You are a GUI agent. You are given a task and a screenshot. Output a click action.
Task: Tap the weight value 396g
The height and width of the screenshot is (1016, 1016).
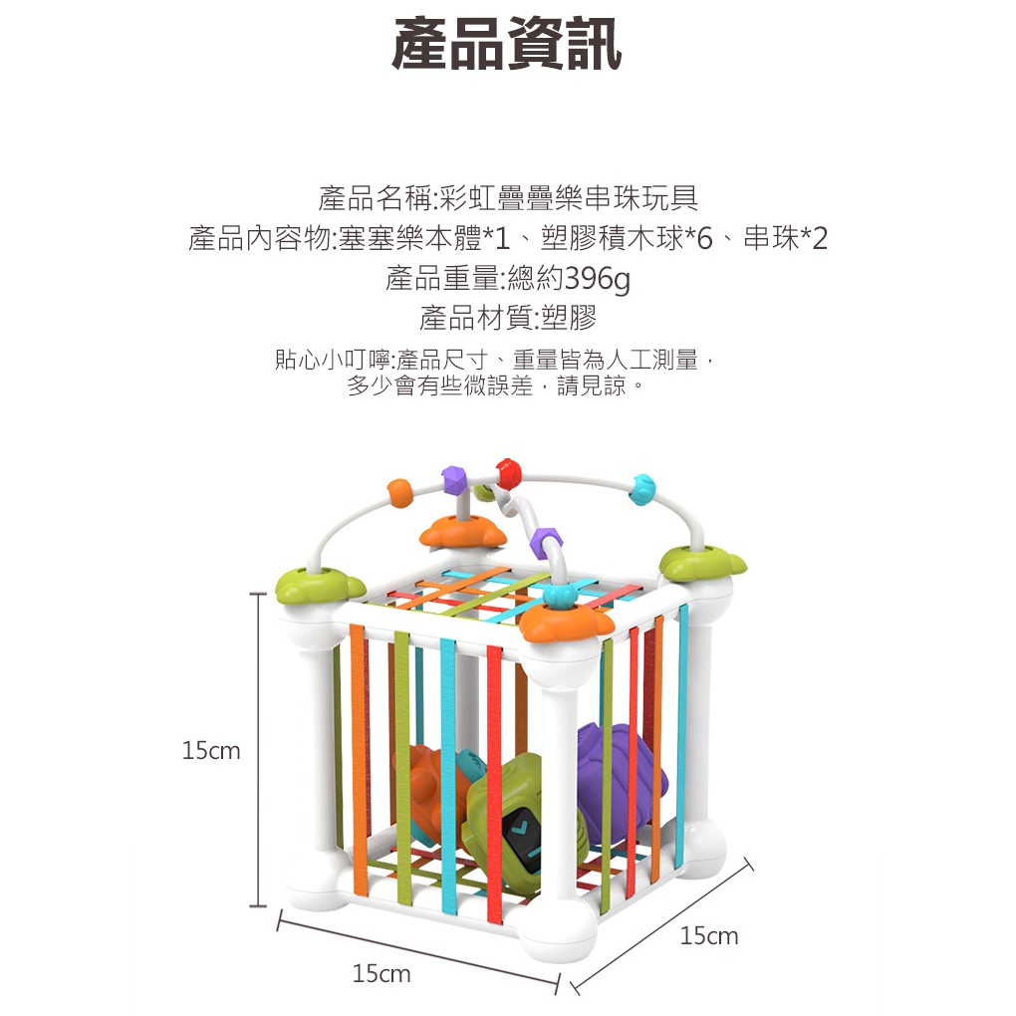tap(598, 280)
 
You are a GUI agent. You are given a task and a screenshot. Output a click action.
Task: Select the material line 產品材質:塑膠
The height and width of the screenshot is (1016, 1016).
tap(507, 319)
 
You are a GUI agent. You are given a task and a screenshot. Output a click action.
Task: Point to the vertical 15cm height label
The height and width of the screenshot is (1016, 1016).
tap(211, 751)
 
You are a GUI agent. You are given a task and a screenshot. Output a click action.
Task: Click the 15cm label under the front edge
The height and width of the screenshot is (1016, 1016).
tap(381, 973)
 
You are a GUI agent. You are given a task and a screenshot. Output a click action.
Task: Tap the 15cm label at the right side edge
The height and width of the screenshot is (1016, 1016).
tap(709, 935)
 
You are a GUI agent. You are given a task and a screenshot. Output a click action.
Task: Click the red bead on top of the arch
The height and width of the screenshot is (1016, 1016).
tap(509, 471)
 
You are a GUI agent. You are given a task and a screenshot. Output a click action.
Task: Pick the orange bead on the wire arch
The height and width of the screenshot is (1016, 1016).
tap(399, 491)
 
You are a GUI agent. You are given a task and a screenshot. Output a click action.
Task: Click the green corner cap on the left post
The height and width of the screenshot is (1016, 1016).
tap(310, 582)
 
